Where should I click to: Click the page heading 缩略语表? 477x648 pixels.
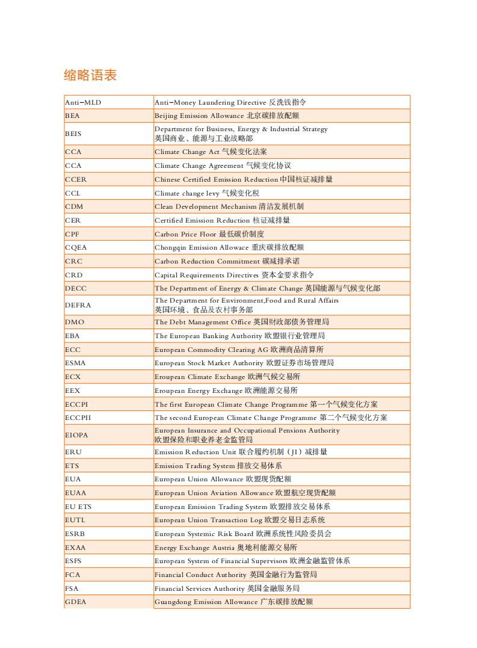pos(90,75)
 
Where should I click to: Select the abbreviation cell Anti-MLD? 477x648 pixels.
pos(83,102)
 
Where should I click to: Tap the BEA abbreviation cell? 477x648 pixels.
pos(72,116)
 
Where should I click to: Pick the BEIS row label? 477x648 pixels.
pos(73,134)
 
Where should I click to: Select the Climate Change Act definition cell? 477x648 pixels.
pos(211,152)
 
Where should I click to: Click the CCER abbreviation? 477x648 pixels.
pos(76,179)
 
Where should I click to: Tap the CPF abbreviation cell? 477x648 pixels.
pos(72,234)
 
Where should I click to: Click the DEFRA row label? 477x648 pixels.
pos(78,305)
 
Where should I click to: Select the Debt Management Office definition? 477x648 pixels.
pos(241,322)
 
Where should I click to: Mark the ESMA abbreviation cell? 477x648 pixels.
pos(75,363)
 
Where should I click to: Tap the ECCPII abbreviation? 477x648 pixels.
pos(78,418)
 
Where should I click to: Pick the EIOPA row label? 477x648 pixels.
pos(76,434)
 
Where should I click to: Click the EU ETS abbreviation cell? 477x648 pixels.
pos(78,507)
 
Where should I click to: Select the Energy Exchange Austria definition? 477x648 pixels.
pos(226,548)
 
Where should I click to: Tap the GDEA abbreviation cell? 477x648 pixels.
pos(75,602)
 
